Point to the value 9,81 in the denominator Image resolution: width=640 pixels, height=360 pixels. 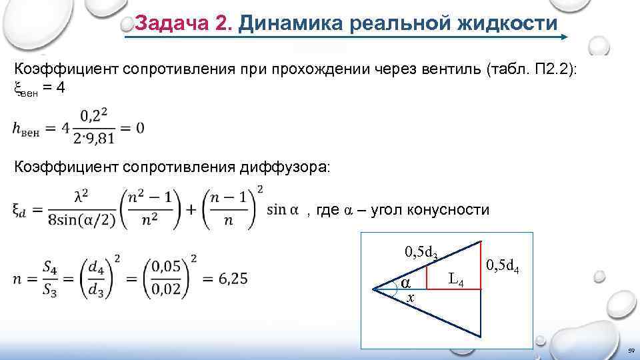click(x=101, y=138)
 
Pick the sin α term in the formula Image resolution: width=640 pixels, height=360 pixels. click(x=282, y=210)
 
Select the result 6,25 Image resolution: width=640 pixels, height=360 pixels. click(x=227, y=278)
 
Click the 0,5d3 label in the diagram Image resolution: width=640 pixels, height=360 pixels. click(x=421, y=252)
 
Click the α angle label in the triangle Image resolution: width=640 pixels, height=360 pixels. click(x=405, y=283)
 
